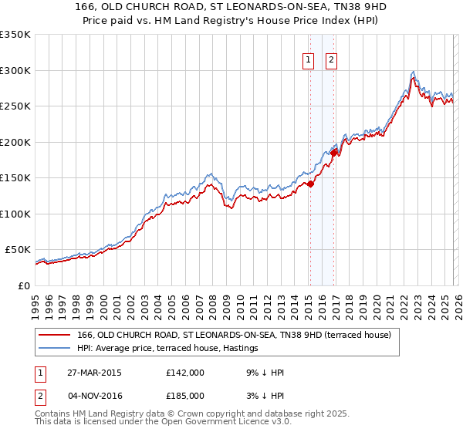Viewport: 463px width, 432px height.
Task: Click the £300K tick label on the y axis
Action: click(15, 70)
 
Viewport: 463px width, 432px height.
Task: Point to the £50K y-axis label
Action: click(17, 250)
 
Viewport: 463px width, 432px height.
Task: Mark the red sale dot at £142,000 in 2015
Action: click(310, 184)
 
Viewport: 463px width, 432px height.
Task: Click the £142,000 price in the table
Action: click(184, 373)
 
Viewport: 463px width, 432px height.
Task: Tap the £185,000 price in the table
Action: click(184, 396)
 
